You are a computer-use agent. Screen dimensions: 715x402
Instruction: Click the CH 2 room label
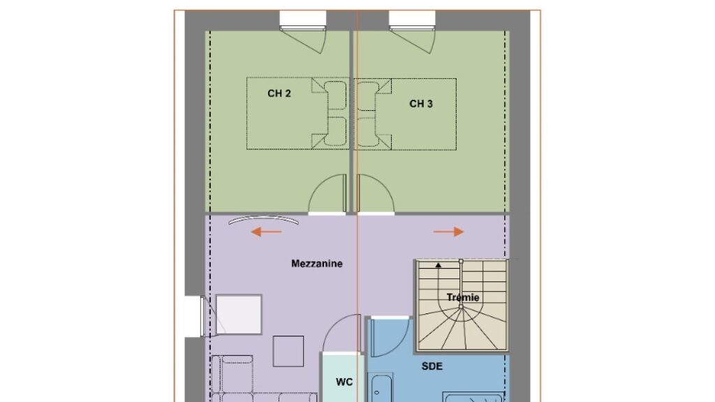(279, 94)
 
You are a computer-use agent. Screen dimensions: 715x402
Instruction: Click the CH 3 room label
(421, 104)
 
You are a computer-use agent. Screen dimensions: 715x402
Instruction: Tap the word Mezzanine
(317, 263)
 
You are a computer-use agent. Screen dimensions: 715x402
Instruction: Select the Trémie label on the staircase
(463, 297)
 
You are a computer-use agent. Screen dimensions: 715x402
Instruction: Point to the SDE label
(432, 366)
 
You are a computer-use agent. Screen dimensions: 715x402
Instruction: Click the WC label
(344, 382)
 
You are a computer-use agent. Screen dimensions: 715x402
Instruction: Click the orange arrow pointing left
(266, 232)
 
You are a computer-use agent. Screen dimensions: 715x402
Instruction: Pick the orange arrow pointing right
(449, 232)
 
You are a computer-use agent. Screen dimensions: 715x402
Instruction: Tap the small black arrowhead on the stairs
(438, 265)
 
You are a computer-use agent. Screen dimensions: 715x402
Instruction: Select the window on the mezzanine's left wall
(203, 316)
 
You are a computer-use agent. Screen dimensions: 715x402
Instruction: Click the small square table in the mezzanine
(288, 352)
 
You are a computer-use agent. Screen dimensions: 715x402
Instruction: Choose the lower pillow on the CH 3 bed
(367, 132)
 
